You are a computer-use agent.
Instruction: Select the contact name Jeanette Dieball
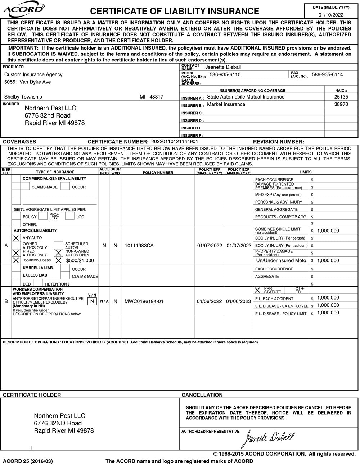coord(223,67)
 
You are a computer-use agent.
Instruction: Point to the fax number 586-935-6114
coord(327,74)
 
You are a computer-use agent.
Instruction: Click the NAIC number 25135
coord(341,97)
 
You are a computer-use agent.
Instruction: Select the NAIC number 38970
coord(341,104)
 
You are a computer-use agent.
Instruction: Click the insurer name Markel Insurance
coord(226,104)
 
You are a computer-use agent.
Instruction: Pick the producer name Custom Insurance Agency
coord(33,74)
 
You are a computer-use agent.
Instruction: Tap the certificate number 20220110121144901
coord(175,142)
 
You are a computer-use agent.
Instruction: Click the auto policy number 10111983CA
coord(139,246)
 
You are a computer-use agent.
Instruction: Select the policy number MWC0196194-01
coord(144,301)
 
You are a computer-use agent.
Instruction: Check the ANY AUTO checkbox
coord(16,238)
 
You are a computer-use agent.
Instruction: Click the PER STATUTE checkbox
coord(257,290)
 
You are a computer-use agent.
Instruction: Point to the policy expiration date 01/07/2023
coord(239,246)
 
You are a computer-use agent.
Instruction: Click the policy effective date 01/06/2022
coord(209,301)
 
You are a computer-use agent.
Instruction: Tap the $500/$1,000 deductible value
coord(80,260)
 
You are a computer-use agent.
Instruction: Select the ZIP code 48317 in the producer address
coord(156,97)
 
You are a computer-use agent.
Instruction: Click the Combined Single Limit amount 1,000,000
coord(328,231)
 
